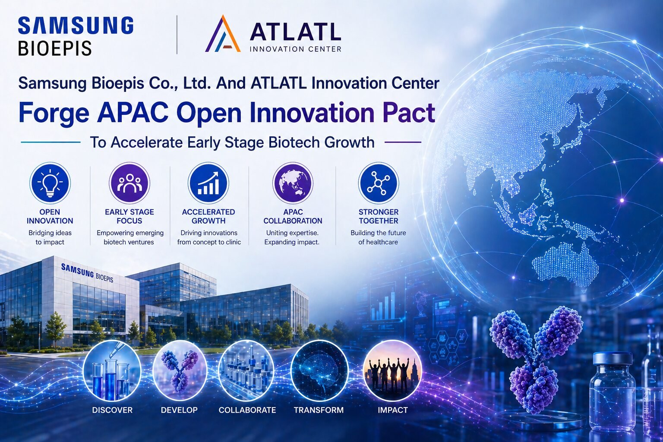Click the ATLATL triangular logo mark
(223, 34)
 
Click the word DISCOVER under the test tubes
(113, 410)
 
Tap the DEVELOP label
(179, 410)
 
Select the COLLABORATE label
(247, 410)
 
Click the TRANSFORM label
(319, 410)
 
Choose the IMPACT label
(393, 410)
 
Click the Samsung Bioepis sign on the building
(87, 273)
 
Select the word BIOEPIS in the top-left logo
(55, 48)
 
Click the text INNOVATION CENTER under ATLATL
(295, 49)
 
